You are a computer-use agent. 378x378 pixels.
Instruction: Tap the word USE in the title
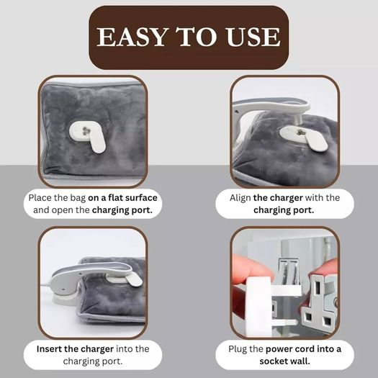tap(253, 37)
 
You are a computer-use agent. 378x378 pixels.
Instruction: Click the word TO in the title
tap(197, 37)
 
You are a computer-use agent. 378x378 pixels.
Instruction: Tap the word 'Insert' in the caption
tap(49, 348)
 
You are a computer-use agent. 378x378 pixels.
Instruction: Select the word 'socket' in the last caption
tap(273, 361)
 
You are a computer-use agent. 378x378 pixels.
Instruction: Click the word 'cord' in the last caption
tap(305, 348)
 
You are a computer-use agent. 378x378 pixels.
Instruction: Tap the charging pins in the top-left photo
tap(86, 131)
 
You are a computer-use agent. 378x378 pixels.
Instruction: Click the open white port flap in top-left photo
tap(97, 143)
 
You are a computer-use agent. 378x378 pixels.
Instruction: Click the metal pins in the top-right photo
tap(300, 132)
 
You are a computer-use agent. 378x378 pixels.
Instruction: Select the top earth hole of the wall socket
tap(318, 287)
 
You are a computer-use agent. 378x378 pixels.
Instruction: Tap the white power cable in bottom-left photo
tap(45, 287)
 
